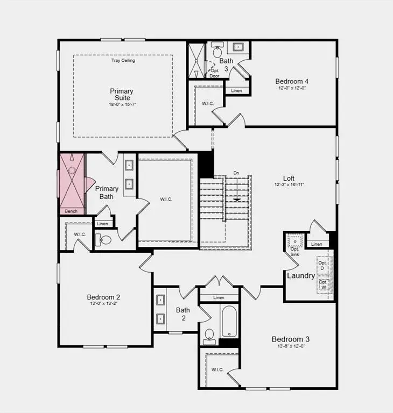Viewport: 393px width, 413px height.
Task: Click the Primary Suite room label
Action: point(122,95)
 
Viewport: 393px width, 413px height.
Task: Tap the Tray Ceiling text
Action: point(123,61)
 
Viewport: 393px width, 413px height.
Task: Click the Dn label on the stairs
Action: point(236,173)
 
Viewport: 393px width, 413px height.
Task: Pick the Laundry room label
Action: point(301,276)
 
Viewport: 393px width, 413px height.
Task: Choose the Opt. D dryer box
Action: point(323,265)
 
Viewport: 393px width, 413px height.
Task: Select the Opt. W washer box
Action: point(323,284)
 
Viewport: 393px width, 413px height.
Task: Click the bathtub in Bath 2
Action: point(229,322)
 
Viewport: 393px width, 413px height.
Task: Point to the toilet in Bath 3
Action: point(217,52)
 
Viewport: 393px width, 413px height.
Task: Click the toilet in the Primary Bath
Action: point(105,239)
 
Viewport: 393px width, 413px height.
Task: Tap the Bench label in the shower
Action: point(71,211)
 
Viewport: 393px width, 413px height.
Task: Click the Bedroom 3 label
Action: point(290,339)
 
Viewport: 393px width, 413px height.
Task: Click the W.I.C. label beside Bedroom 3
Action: point(217,369)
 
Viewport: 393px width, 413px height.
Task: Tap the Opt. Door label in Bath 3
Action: point(214,74)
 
